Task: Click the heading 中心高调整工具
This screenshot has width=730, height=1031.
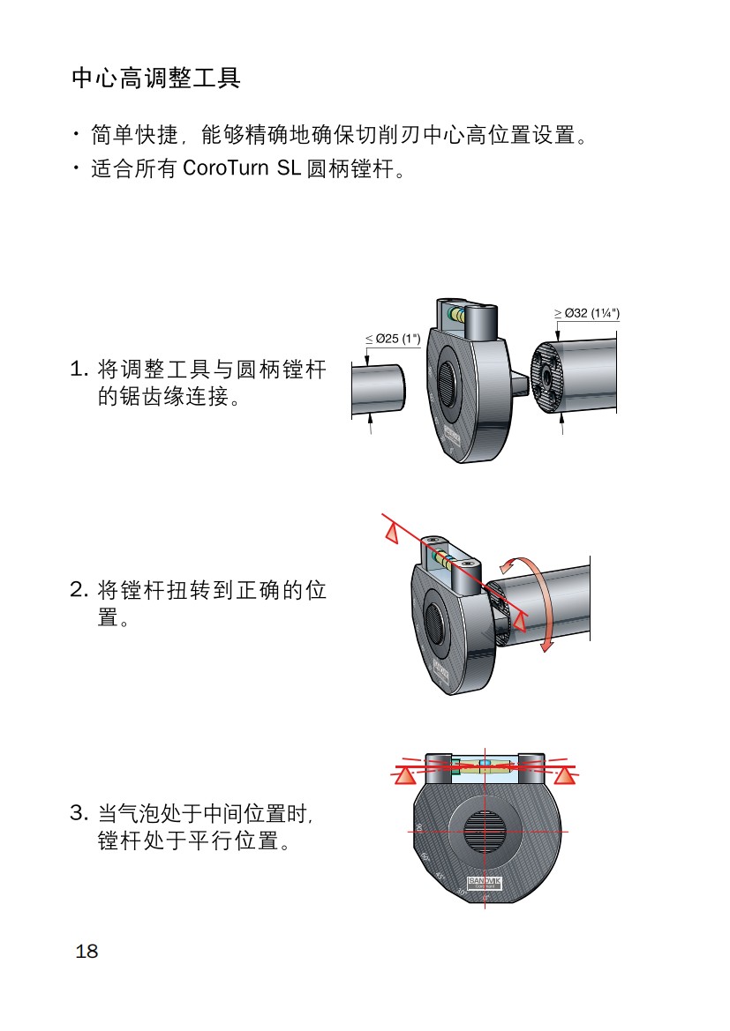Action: tap(155, 78)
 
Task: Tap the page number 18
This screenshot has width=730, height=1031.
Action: tap(87, 951)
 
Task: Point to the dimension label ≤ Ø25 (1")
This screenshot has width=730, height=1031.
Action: tap(393, 339)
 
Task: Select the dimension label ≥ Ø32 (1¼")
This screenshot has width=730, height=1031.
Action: tap(586, 313)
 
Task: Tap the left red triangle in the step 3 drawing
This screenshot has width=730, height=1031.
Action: tap(404, 775)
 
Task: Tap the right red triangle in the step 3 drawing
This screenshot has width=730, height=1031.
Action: tap(566, 775)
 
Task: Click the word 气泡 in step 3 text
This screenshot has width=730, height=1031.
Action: tap(141, 813)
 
